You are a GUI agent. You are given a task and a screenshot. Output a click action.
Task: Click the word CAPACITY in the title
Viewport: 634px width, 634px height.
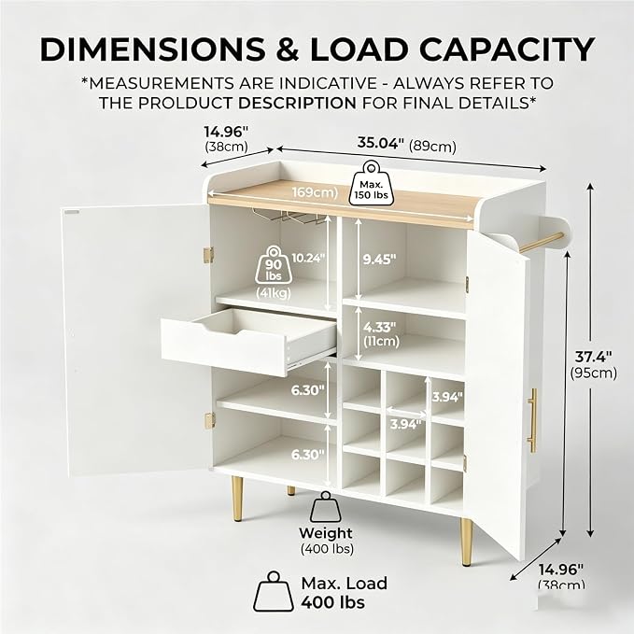(x=507, y=49)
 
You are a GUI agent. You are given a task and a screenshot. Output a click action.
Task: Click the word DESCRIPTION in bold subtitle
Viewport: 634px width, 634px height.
(x=297, y=103)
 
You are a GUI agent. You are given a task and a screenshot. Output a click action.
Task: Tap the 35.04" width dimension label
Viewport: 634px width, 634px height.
(x=380, y=143)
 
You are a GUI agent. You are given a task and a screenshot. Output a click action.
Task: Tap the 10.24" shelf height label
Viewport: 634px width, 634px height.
(x=308, y=258)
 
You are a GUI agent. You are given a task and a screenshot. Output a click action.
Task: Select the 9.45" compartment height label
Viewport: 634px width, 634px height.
(x=379, y=260)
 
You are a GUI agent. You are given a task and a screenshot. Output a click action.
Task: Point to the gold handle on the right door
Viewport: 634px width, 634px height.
(x=532, y=420)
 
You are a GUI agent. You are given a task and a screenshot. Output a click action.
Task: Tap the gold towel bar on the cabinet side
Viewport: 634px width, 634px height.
(x=541, y=243)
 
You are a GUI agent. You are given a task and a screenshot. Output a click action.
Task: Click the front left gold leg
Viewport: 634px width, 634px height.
(x=237, y=499)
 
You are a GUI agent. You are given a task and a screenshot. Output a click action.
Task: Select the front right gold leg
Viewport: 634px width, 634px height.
(x=467, y=542)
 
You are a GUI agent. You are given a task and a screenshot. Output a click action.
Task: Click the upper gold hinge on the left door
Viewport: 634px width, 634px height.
(x=208, y=256)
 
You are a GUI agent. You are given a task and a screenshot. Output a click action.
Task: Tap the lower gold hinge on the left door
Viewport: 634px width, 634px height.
(x=209, y=420)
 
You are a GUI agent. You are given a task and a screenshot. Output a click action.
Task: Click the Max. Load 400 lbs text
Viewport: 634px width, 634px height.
(x=345, y=592)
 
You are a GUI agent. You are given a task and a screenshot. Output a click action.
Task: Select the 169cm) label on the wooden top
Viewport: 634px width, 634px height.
(x=315, y=191)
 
